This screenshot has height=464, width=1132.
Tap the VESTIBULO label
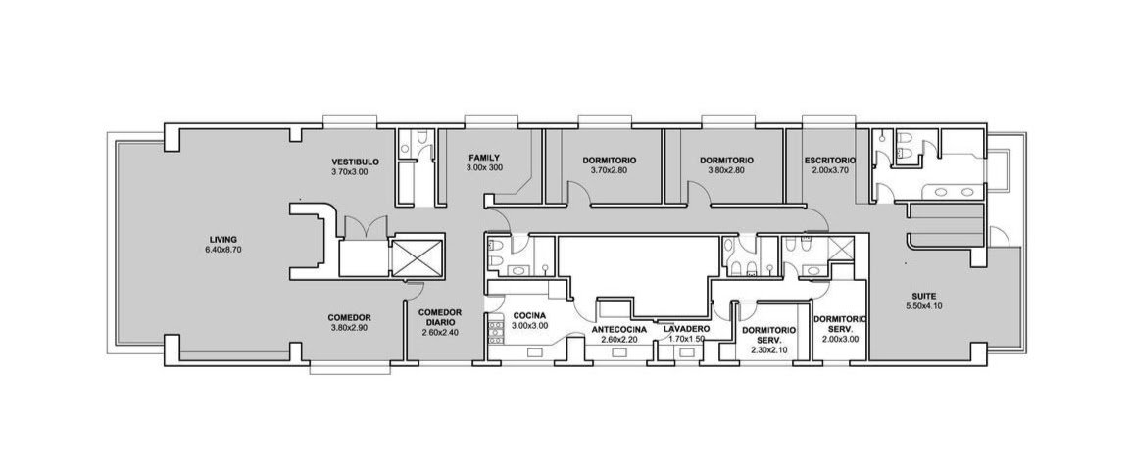click(x=355, y=162)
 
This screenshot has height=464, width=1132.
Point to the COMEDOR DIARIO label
click(x=440, y=317)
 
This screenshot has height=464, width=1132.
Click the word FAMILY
click(x=484, y=158)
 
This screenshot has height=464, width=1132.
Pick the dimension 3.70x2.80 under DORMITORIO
click(x=610, y=170)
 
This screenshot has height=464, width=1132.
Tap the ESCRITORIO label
click(x=829, y=161)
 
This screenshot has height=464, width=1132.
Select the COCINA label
click(x=529, y=316)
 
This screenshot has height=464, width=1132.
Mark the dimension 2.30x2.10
click(x=768, y=350)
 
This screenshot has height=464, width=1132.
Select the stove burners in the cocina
click(x=496, y=331)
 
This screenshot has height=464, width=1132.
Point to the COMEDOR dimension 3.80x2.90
click(x=350, y=328)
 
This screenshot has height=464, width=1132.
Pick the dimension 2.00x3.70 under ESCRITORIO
click(x=829, y=170)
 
